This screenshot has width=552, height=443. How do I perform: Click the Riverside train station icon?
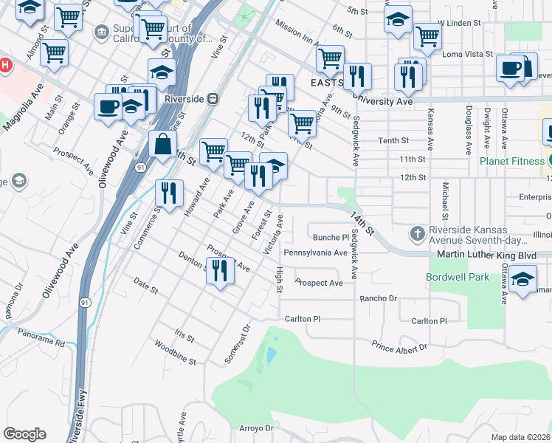pos(213,97)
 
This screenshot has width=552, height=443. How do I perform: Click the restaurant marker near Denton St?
pos(221,271)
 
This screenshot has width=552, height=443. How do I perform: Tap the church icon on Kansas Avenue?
pos(418,234)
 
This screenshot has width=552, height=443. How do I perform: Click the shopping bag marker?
pos(162,144)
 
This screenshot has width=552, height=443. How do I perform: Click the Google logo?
pos(24,433)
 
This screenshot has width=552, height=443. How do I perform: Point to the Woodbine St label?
pos(175,353)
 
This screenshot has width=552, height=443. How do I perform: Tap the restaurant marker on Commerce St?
pos(169,193)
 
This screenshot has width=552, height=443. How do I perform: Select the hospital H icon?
pos(5,65)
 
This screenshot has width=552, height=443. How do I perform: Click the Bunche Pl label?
pos(331,237)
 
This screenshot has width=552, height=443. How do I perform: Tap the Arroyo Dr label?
pos(256,427)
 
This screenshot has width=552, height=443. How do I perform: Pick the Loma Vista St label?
pos(467,54)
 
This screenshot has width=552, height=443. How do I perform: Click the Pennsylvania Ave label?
pos(315,253)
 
